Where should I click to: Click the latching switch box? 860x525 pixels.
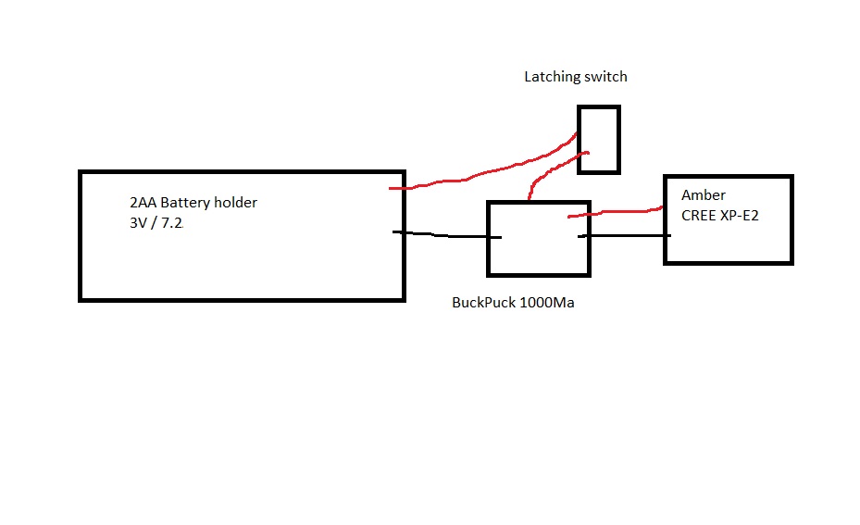tap(599, 139)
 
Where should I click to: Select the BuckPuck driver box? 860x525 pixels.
tap(538, 239)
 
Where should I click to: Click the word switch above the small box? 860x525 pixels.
tap(605, 77)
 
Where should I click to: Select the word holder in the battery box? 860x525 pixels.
tap(237, 203)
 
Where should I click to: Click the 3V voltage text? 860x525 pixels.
tap(139, 222)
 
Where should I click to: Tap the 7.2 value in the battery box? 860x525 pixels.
tap(173, 222)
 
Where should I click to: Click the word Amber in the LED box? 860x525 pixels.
tap(704, 195)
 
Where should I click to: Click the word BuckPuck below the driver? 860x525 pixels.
tap(483, 303)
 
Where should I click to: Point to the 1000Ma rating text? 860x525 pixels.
tap(546, 303)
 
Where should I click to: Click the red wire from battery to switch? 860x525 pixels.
tap(481, 172)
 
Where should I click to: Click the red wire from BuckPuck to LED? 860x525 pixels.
tap(616, 211)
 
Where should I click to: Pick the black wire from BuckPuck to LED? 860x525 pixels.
tap(625, 236)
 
